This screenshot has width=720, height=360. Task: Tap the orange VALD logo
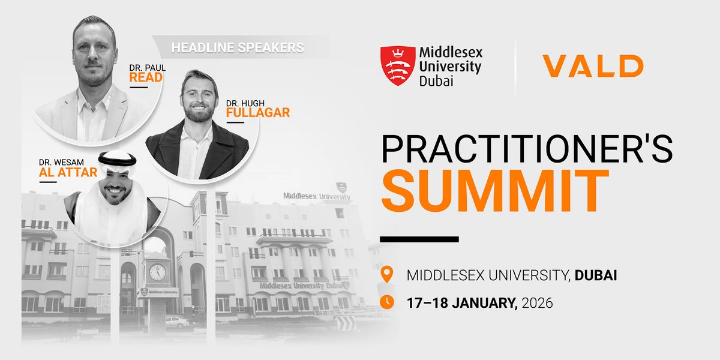pos(592,65)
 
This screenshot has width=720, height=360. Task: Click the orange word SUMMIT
pos(495,190)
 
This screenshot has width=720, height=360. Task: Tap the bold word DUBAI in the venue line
pos(596,276)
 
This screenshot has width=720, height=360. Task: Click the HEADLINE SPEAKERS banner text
pos(238,46)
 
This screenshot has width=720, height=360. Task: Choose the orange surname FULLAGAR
pos(258,112)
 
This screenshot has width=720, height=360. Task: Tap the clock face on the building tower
pos(157,272)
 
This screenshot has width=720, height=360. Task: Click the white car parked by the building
pos(178,322)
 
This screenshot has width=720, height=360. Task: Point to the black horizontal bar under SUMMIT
pos(419,239)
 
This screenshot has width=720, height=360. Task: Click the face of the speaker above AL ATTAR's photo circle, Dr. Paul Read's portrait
pos(94,57)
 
